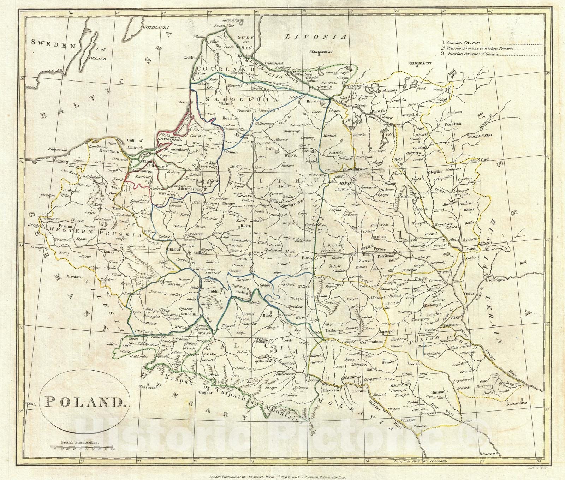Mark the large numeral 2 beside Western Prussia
coord(103,225)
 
